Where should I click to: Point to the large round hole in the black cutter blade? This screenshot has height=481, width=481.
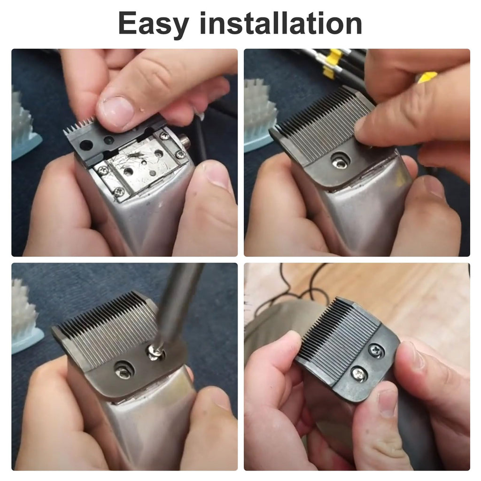pos(86,146)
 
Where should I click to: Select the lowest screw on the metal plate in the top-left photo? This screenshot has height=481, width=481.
pos(118,192)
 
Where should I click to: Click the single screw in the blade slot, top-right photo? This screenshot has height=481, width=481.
pos(340,162)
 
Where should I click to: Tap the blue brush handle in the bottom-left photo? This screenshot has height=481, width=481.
pos(26,341)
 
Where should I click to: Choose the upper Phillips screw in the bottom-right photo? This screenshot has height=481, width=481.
pos(375,350)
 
